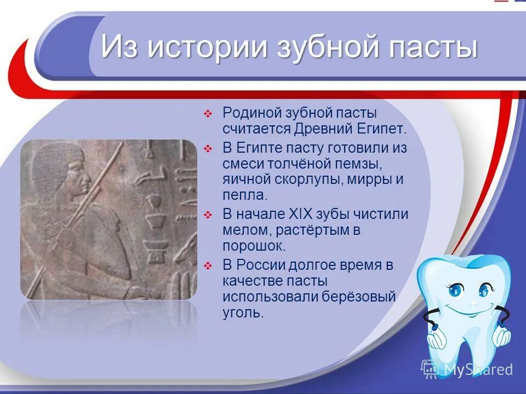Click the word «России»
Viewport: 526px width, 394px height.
pyautogui.click(x=261, y=265)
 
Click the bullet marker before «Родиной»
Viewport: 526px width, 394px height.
pyautogui.click(x=208, y=114)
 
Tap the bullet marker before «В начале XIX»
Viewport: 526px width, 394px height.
pyautogui.click(x=208, y=215)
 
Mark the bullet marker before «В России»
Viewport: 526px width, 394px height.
pyautogui.click(x=208, y=266)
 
